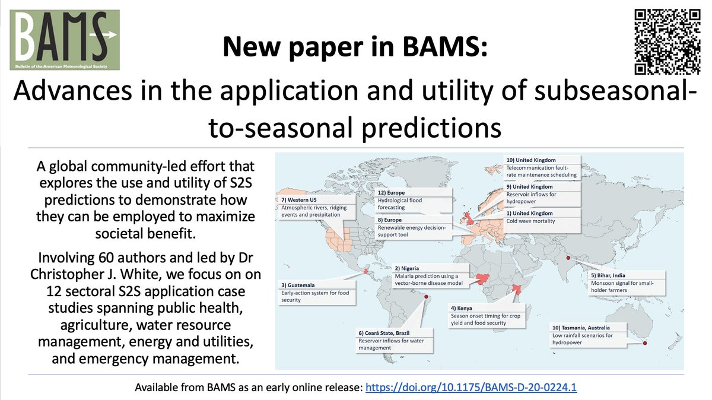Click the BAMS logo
64,39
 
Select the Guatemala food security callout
318,293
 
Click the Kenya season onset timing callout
489,315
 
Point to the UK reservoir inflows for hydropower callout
542,194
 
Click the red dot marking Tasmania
645,344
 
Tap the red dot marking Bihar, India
568,258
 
